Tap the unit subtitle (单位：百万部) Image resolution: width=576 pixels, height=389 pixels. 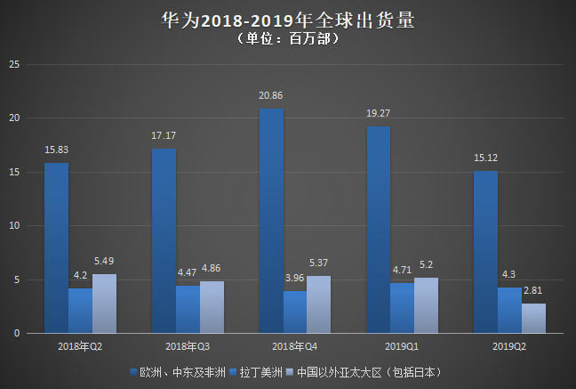coord(288,40)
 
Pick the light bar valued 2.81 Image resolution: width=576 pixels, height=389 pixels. coord(533,318)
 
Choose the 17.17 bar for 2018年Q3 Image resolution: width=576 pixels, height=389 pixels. coord(164,240)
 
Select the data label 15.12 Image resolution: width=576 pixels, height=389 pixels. coord(486,158)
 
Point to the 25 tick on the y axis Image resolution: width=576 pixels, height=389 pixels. coord(13,64)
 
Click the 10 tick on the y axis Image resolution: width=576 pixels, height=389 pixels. coord(13,226)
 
